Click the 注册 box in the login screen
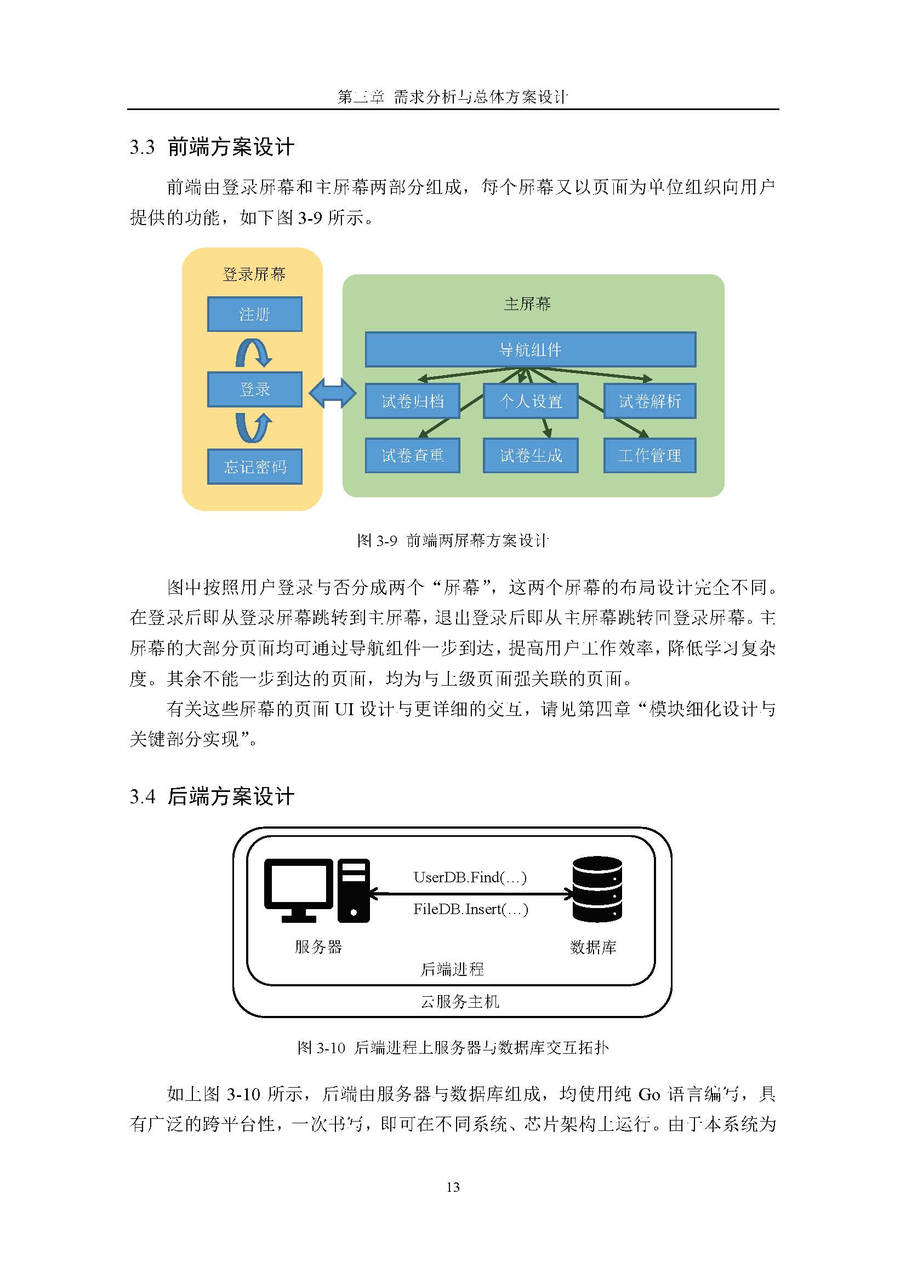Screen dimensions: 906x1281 pos(254,314)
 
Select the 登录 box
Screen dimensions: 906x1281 pos(254,389)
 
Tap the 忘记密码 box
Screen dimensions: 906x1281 pos(254,467)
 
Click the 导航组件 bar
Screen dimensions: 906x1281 pos(531,350)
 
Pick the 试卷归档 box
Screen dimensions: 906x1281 pos(413,401)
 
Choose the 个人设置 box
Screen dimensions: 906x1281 pos(531,401)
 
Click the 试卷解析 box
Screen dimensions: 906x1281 pos(650,401)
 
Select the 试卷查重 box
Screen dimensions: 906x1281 pos(413,455)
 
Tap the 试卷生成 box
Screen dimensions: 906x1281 pos(531,455)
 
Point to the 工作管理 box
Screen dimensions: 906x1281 pos(650,455)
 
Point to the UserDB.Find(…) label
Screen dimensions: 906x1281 pos(470,877)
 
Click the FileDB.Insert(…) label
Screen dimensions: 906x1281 pos(471,910)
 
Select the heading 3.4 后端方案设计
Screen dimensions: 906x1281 pos(212,796)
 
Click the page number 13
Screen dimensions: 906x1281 pos(453,1187)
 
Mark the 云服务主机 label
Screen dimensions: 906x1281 pos(460,1002)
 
